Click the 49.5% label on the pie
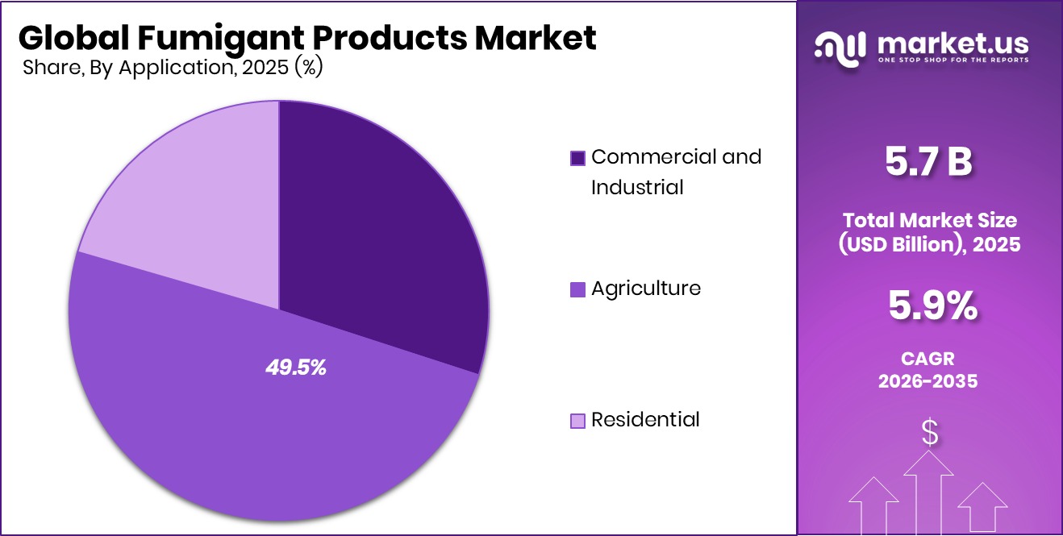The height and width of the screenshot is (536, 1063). [296, 368]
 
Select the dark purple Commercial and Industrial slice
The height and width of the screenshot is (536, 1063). [379, 234]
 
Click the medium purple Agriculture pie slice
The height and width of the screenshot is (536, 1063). [242, 435]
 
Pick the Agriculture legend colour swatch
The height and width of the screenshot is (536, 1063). [577, 289]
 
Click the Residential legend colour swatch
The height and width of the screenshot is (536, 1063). [577, 421]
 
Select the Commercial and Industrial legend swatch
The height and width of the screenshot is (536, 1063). [577, 158]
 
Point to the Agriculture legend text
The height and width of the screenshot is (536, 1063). [646, 289]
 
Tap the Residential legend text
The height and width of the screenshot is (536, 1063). [645, 420]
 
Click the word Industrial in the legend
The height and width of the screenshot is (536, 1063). [637, 187]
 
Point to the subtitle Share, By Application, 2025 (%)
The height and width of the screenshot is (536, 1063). [173, 68]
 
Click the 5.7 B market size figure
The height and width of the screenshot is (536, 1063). [928, 162]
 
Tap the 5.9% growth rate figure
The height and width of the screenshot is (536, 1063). [932, 306]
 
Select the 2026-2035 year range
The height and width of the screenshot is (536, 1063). [928, 381]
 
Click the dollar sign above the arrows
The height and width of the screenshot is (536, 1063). [930, 433]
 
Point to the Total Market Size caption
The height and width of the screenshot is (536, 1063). [931, 219]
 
